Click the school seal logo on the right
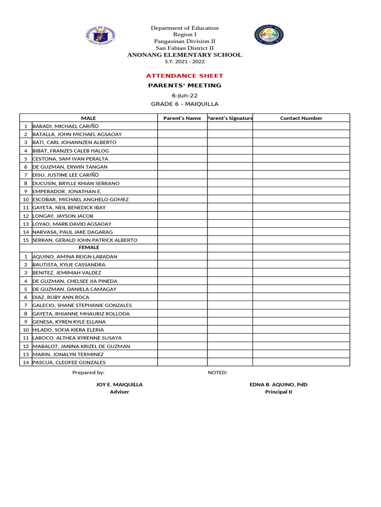click(x=269, y=35)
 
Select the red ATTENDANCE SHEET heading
click(x=185, y=76)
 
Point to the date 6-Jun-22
click(x=185, y=95)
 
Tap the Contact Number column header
click(x=301, y=118)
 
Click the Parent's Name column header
click(x=182, y=118)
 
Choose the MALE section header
click(x=88, y=118)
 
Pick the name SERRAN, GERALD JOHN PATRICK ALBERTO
click(x=85, y=240)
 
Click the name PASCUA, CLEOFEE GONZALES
click(x=69, y=362)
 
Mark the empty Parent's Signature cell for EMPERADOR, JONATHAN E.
click(x=230, y=191)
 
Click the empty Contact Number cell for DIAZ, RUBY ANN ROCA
click(x=301, y=297)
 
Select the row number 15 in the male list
click(x=25, y=240)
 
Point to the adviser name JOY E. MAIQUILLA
click(x=119, y=384)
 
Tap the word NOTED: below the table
click(x=217, y=372)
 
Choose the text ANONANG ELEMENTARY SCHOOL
click(x=185, y=55)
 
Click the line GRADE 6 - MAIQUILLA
click(x=185, y=104)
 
